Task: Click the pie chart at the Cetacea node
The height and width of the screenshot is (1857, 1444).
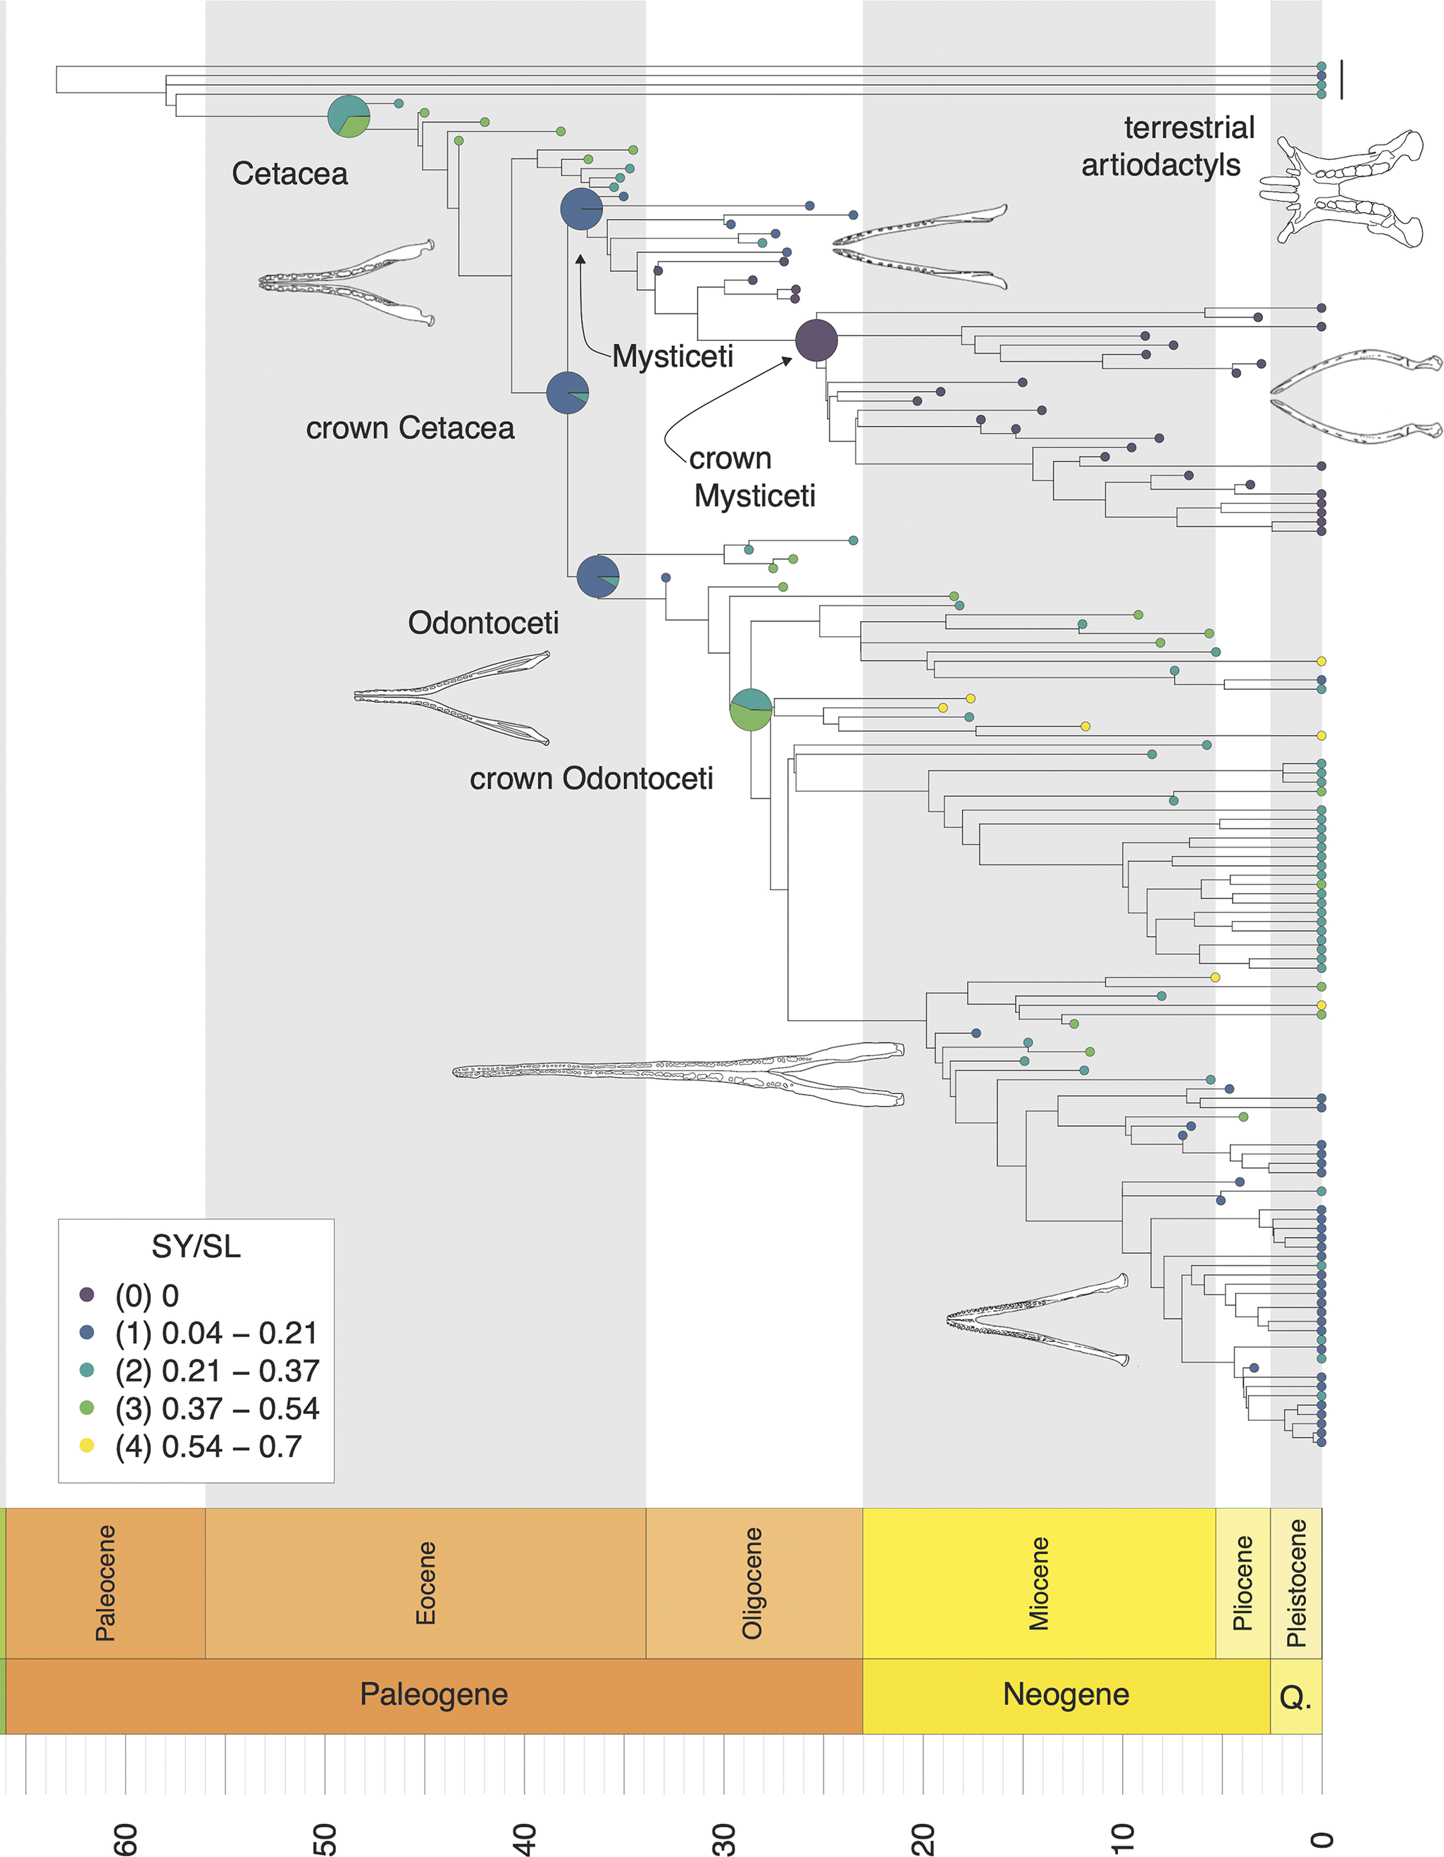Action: pos(349,116)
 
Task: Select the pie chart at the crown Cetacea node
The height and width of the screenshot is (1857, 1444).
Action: pos(567,393)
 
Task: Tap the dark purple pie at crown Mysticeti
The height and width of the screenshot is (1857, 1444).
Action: pos(816,340)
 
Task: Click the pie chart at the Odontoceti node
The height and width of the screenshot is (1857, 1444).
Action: pos(598,576)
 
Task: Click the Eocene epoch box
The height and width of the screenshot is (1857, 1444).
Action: pos(425,1583)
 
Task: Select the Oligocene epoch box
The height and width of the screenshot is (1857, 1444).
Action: pos(754,1583)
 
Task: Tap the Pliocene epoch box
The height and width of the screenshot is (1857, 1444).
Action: pos(1243,1583)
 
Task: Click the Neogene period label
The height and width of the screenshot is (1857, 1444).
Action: pos(1066,1694)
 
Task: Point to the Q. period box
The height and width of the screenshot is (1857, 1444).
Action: pos(1295,1697)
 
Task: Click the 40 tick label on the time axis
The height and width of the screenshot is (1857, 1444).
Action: pos(525,1838)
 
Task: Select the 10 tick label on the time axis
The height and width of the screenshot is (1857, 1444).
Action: pos(1123,1838)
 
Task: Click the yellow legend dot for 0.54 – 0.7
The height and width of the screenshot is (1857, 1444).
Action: pos(87,1446)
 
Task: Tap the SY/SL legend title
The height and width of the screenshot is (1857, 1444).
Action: pos(196,1246)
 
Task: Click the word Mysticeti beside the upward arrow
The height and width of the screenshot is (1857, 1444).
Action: pos(673,356)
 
